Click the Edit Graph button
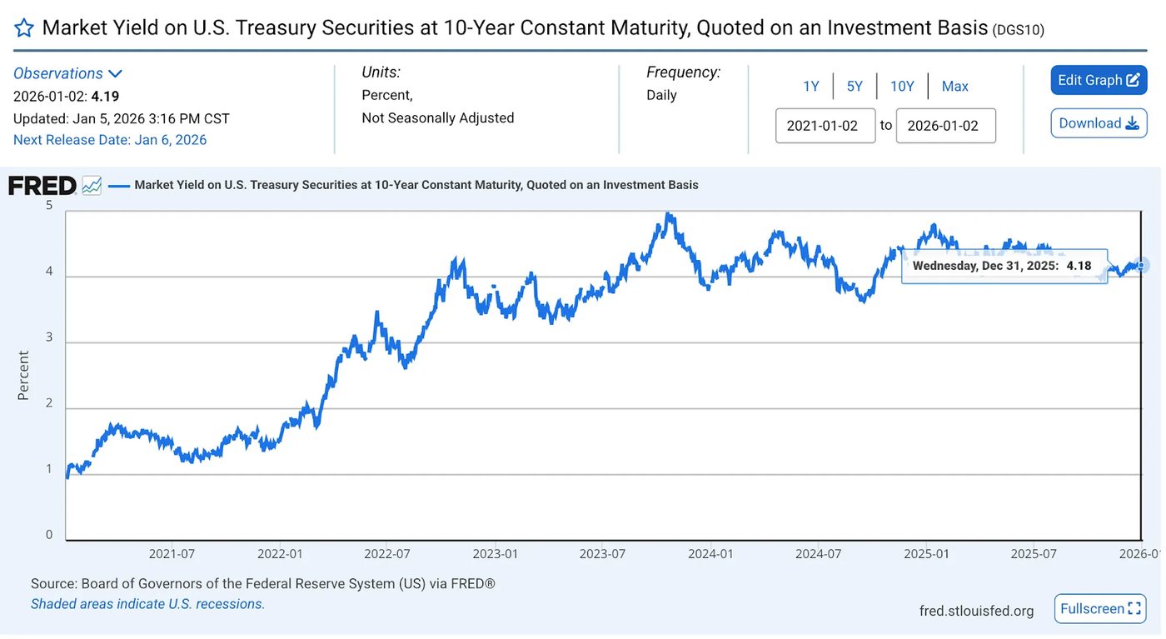click(x=1099, y=80)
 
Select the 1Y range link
click(x=811, y=87)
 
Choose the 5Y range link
click(x=855, y=87)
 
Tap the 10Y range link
click(x=902, y=87)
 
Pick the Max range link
click(x=954, y=87)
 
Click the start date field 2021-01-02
click(x=825, y=126)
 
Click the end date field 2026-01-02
click(x=946, y=126)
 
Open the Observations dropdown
click(x=67, y=73)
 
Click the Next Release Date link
click(x=110, y=140)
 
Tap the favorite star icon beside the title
click(x=24, y=28)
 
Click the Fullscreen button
click(x=1100, y=608)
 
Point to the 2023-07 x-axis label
click(x=602, y=553)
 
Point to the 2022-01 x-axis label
click(x=280, y=553)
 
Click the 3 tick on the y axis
click(x=49, y=337)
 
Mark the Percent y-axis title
click(x=23, y=376)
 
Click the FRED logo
click(x=42, y=186)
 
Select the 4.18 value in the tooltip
click(x=1079, y=266)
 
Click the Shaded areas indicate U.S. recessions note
click(x=148, y=604)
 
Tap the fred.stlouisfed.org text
click(x=976, y=611)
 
